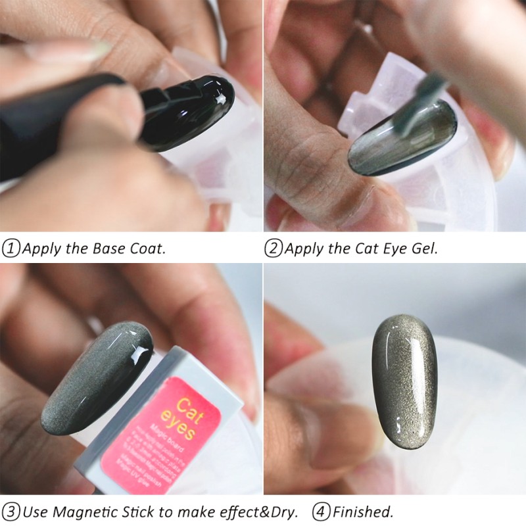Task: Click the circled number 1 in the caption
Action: pyautogui.click(x=11, y=249)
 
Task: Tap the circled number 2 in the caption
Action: pyautogui.click(x=274, y=249)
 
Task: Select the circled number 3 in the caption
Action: pyautogui.click(x=11, y=511)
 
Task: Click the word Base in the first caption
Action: pyautogui.click(x=100, y=249)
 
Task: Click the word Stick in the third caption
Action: pyautogui.click(x=138, y=511)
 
